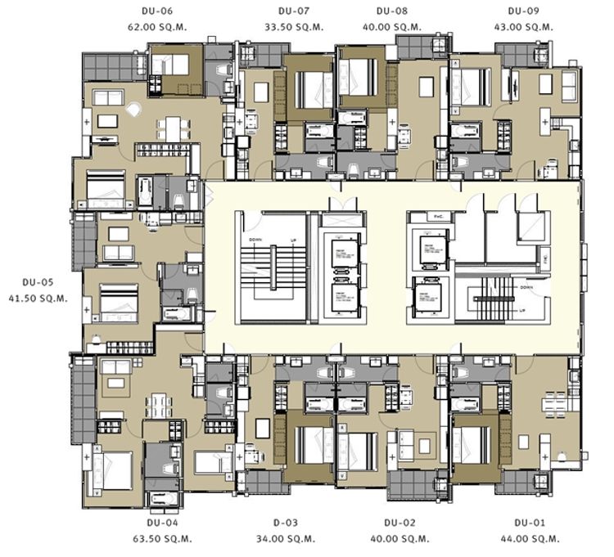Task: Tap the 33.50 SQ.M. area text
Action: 292,27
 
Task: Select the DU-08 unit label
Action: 391,12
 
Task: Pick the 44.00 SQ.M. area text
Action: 530,539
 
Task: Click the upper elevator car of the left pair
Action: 339,254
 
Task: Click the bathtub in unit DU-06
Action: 145,193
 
